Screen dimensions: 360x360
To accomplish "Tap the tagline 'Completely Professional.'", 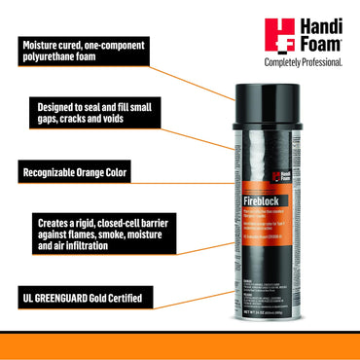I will (304, 62).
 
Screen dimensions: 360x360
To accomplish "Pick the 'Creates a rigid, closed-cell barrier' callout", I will (82, 234).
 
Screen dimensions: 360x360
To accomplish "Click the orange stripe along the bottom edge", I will (180, 344).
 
